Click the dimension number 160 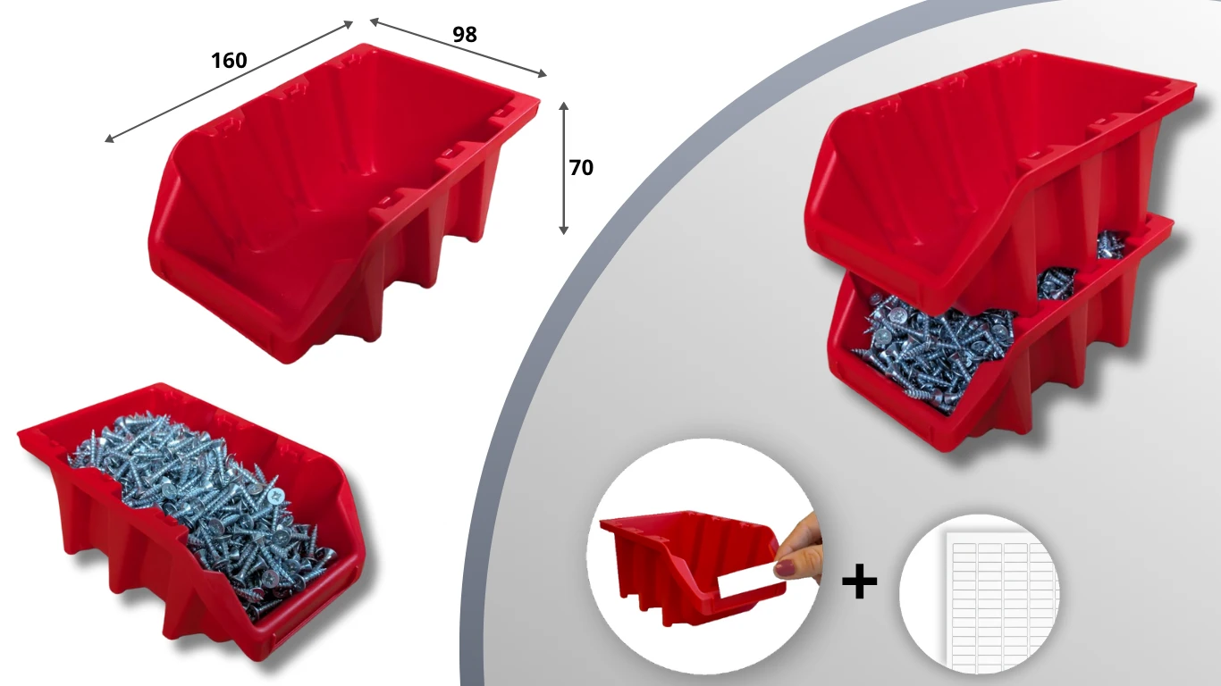pyautogui.click(x=229, y=60)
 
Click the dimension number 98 pyautogui.click(x=465, y=34)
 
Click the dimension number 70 pyautogui.click(x=581, y=167)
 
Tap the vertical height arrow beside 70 pyautogui.click(x=564, y=168)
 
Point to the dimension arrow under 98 pyautogui.click(x=458, y=47)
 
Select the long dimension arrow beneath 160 pyautogui.click(x=229, y=82)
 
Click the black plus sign pyautogui.click(x=860, y=581)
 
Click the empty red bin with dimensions pyautogui.click(x=344, y=202)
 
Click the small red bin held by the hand pyautogui.click(x=692, y=566)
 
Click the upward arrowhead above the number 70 pyautogui.click(x=564, y=105)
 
